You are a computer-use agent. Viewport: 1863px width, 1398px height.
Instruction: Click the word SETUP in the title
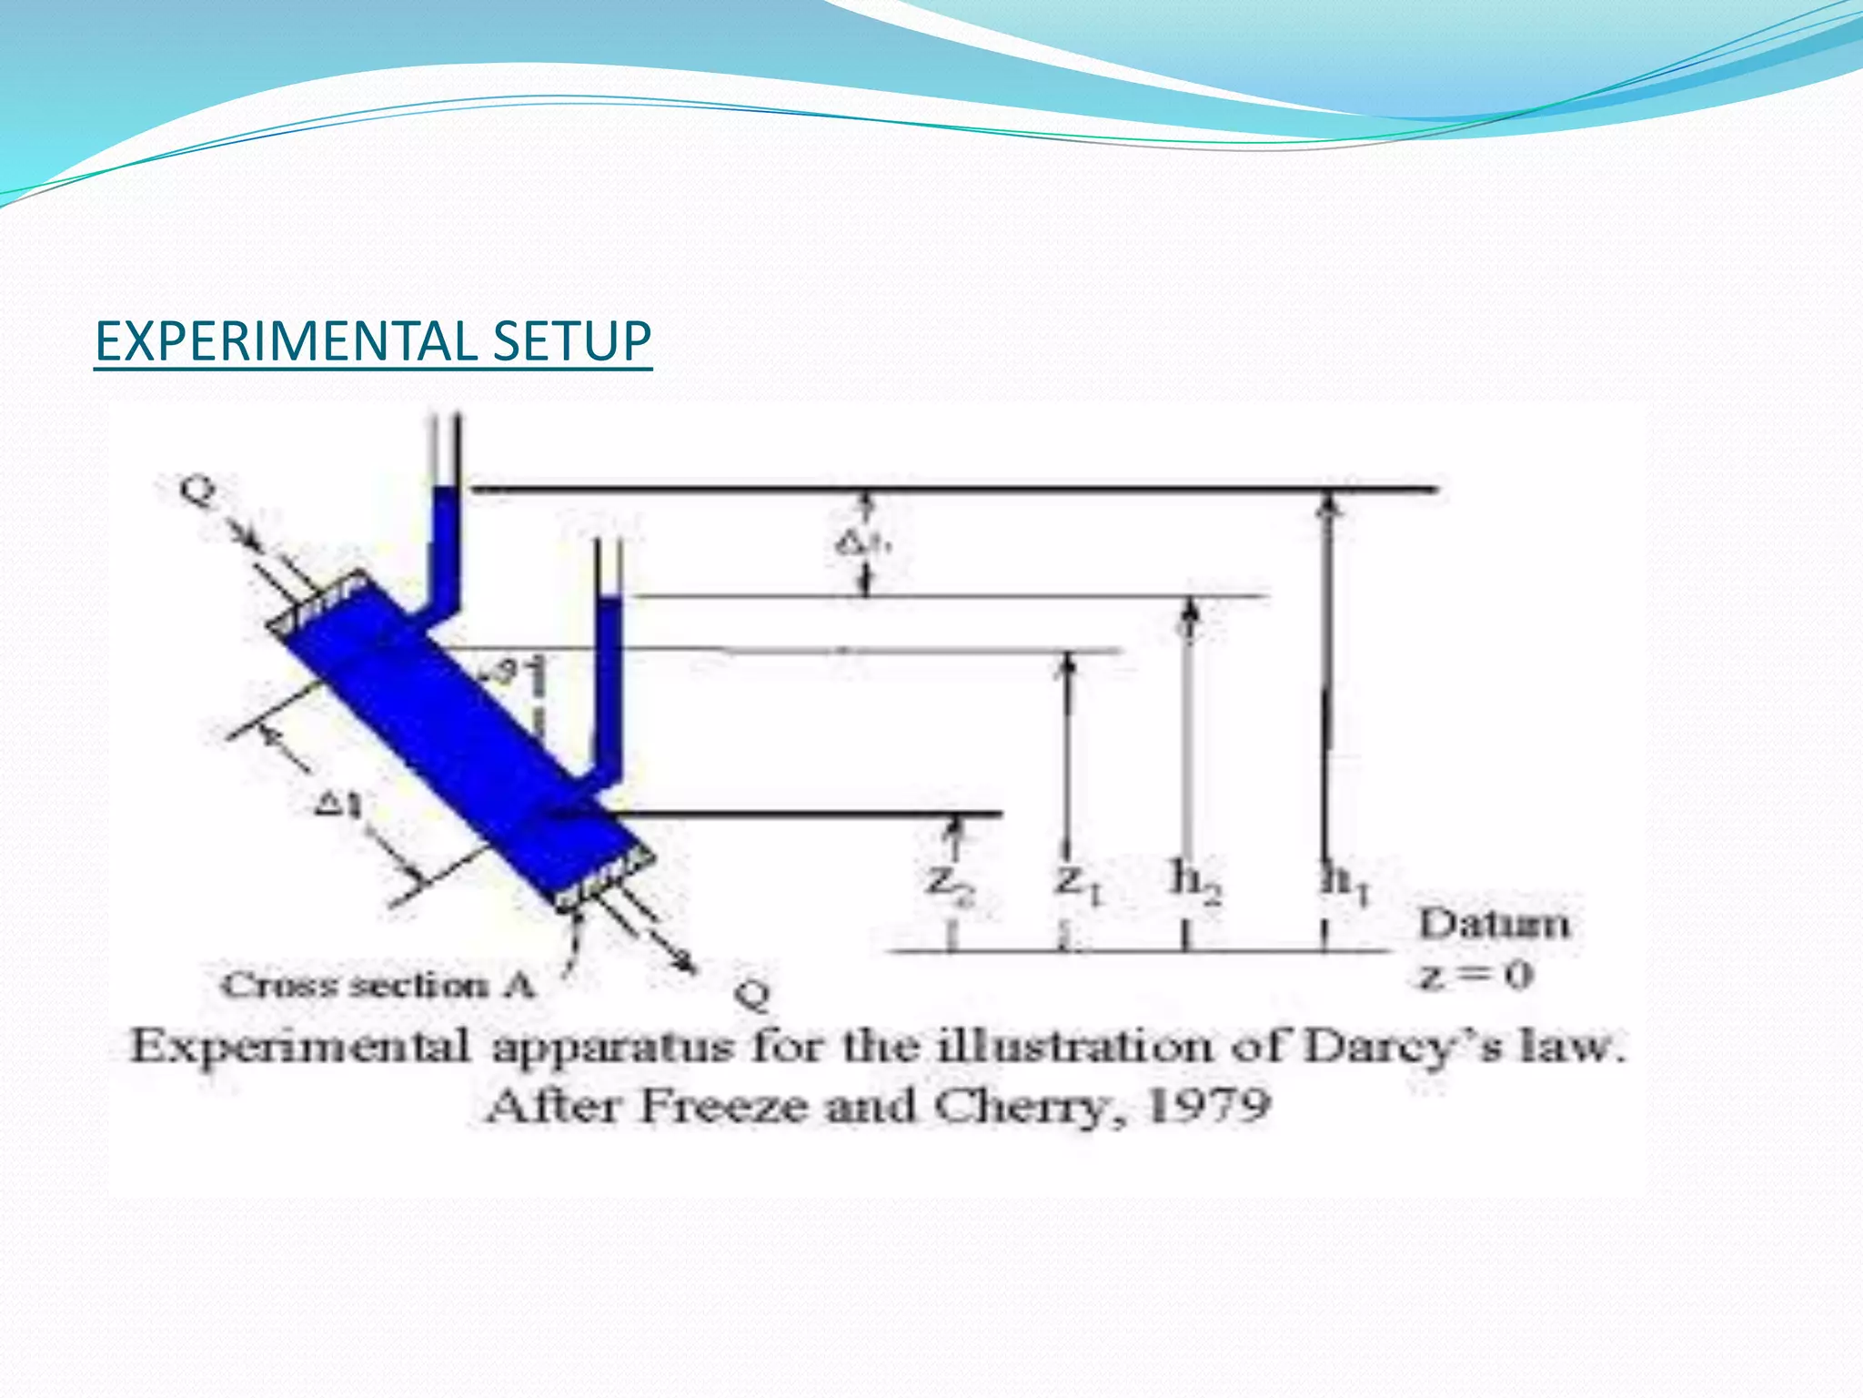point(571,342)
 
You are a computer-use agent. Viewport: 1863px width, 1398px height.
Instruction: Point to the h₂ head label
point(1195,881)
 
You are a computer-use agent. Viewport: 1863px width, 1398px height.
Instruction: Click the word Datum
point(1494,924)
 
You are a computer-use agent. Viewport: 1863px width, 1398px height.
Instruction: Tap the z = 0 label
point(1475,977)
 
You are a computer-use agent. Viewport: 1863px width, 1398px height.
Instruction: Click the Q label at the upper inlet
point(198,491)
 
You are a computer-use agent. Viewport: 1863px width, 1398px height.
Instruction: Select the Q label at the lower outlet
point(752,994)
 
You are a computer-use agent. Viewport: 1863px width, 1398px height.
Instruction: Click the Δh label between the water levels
point(861,543)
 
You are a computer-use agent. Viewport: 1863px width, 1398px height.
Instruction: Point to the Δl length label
point(338,805)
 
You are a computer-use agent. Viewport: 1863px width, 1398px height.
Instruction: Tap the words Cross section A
point(378,985)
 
